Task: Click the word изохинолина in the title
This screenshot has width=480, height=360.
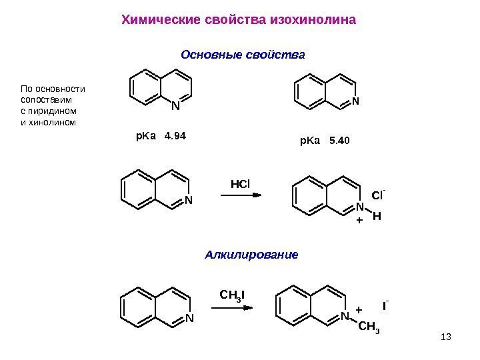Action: (x=313, y=19)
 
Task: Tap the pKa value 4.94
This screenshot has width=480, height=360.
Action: (x=175, y=137)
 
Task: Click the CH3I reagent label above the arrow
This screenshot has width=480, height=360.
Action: (x=232, y=295)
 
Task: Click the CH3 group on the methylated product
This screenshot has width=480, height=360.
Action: (x=370, y=327)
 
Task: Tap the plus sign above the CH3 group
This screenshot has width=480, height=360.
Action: (x=358, y=310)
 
